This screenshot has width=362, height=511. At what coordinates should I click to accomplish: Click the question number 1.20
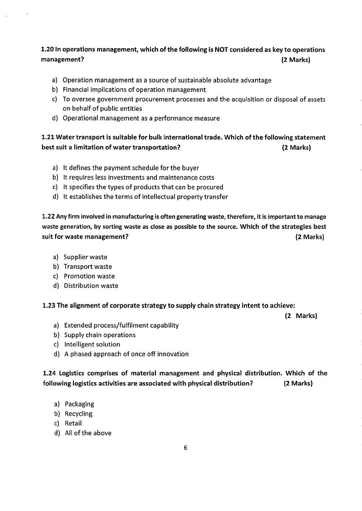point(47,50)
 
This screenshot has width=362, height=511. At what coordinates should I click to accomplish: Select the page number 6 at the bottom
point(186,447)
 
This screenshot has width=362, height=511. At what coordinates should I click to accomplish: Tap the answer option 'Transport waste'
point(88,267)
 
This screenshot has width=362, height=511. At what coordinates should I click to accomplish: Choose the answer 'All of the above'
point(88,433)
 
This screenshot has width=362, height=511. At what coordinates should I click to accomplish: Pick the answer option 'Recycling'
point(78,414)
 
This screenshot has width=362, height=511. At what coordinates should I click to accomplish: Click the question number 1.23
point(48,305)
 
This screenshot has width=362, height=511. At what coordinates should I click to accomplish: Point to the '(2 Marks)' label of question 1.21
point(296,147)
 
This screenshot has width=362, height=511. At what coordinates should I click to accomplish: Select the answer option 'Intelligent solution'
point(92,344)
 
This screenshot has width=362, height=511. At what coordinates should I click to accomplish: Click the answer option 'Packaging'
point(79,404)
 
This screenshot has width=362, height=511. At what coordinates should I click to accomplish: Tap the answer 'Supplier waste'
point(85,257)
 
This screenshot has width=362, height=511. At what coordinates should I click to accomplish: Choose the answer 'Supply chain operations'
point(100,335)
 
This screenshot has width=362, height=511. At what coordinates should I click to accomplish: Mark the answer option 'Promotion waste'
point(89,276)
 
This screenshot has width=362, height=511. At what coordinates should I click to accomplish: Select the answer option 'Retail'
point(73,423)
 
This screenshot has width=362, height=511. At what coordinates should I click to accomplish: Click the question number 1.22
point(48,217)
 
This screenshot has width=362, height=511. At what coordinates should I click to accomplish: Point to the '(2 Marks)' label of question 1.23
point(301,316)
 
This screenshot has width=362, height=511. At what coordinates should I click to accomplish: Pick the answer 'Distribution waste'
point(91,286)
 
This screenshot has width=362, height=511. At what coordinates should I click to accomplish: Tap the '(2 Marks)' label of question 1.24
point(298,383)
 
